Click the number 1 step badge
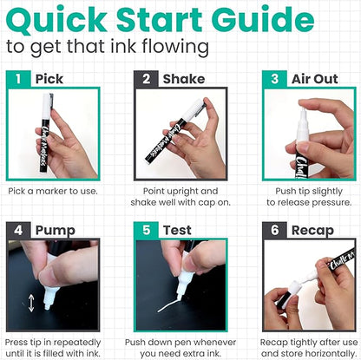click(18, 79)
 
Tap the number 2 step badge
click(146, 79)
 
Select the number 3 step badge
click(274, 79)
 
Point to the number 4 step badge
click(18, 230)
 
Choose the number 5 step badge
click(146, 230)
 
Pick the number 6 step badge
click(274, 230)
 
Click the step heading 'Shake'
click(184, 79)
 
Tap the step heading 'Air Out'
click(315, 79)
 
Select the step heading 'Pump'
click(56, 231)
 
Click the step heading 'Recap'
click(312, 231)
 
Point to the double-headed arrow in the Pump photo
click(31, 303)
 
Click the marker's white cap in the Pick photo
click(46, 106)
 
